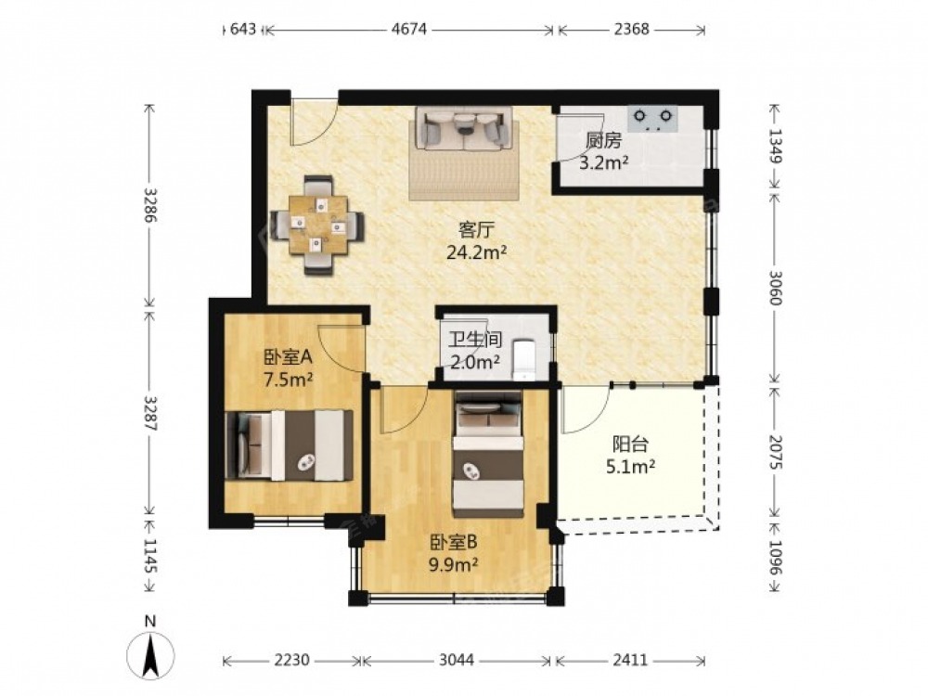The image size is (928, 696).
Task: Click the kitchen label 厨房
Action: tap(604, 141)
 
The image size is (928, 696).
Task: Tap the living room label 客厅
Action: tap(476, 229)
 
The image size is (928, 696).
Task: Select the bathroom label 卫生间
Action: tap(475, 339)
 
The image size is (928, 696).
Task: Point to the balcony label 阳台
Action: tap(630, 444)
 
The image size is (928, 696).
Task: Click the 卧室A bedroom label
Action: tap(288, 357)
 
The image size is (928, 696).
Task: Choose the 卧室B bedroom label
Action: tap(454, 542)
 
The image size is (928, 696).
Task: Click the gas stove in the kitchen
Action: tap(652, 119)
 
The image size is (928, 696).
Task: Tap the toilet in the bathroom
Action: tap(523, 359)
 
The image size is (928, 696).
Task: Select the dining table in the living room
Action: tap(317, 226)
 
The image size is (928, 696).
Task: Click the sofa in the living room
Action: tap(463, 128)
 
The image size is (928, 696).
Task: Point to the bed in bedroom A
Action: tap(290, 445)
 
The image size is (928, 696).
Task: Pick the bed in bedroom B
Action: tap(488, 454)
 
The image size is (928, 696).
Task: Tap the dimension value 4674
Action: tap(409, 29)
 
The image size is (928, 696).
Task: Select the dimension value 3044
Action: tap(457, 659)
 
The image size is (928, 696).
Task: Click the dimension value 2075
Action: tap(775, 452)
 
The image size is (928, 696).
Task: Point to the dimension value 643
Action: tap(242, 29)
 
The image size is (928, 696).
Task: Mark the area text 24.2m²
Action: tap(476, 252)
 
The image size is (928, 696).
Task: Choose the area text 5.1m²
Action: tap(630, 467)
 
